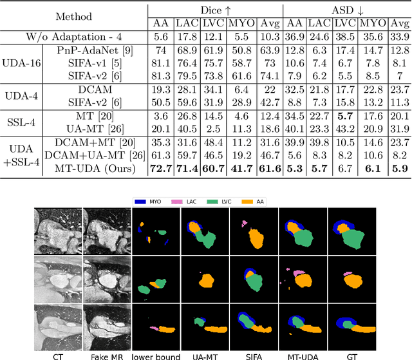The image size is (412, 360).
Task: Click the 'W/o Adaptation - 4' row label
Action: click(x=75, y=37)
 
